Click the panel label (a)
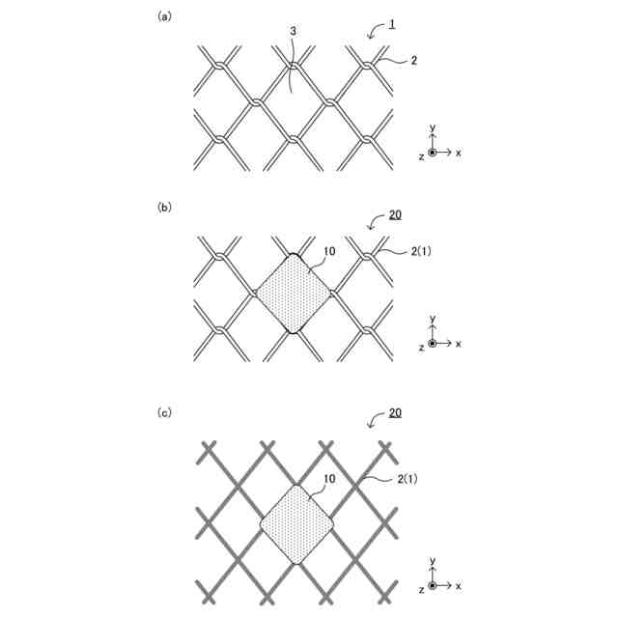click(163, 15)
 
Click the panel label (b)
click(163, 207)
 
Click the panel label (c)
click(163, 412)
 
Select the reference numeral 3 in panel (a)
click(293, 32)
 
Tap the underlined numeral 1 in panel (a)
click(391, 23)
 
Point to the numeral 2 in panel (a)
click(413, 61)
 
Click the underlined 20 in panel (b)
click(395, 214)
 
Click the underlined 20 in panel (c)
click(395, 412)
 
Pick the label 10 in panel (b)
click(329, 250)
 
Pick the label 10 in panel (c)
click(329, 477)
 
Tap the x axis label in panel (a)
click(459, 153)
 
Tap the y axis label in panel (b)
click(434, 318)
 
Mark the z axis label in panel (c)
click(422, 587)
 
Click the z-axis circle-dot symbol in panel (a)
click(434, 153)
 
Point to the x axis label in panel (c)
click(459, 586)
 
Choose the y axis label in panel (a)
click(434, 126)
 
